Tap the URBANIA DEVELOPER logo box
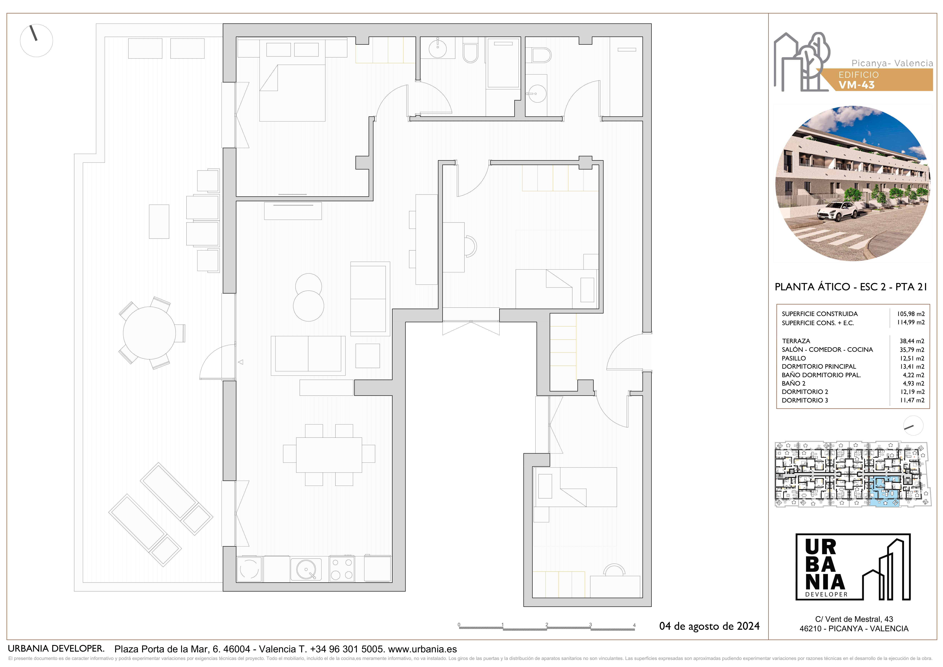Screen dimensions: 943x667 (853, 567)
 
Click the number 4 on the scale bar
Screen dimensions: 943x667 (634, 625)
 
